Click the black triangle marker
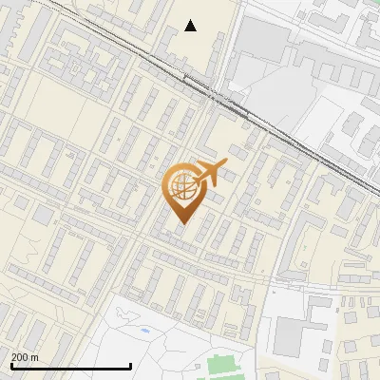pyautogui.click(x=191, y=26)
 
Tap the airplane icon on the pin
pyautogui.click(x=210, y=173)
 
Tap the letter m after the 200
pyautogui.click(x=35, y=356)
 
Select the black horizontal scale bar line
pyautogui.click(x=70, y=366)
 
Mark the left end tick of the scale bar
pyautogui.click(x=10, y=366)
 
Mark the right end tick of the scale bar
pyautogui.click(x=130, y=366)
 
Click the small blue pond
pyautogui.click(x=143, y=331)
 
